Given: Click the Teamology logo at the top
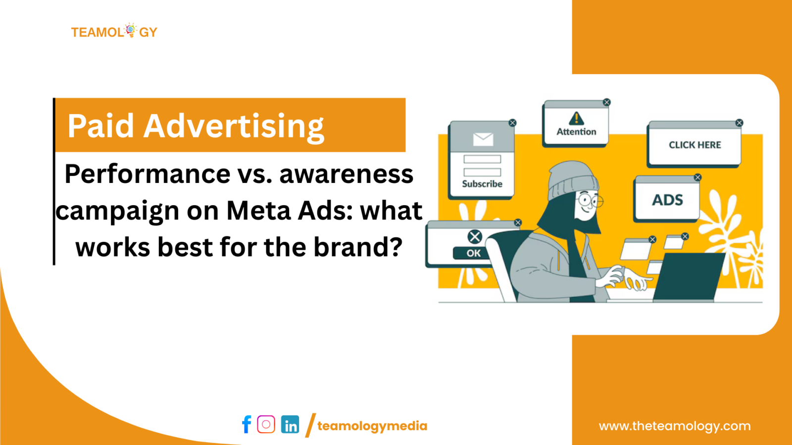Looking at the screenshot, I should [114, 32].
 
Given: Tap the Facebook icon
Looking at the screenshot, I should [246, 425].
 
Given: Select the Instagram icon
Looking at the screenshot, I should [266, 424].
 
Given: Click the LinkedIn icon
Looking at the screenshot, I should [290, 425].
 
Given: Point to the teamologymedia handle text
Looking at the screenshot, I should [372, 426].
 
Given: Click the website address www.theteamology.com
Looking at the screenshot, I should [674, 426].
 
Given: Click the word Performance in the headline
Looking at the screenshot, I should [147, 174].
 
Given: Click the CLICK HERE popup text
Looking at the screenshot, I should [694, 145].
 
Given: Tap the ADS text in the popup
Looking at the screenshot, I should [667, 200].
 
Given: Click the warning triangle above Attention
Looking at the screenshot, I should [576, 118].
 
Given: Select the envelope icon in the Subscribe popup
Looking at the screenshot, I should [483, 139].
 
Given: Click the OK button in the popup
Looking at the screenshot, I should [473, 253].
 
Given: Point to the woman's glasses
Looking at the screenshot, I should [589, 201].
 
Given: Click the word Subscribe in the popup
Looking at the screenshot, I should [482, 184].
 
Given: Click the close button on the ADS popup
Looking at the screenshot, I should [697, 178].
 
